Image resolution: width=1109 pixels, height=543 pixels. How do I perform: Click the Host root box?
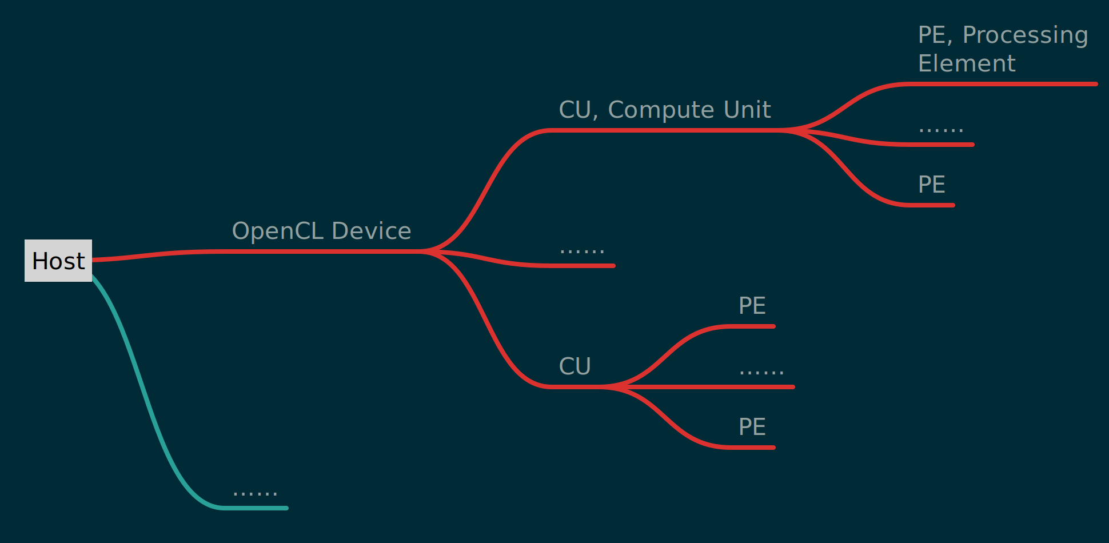(x=58, y=261)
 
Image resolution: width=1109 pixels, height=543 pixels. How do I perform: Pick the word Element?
(x=967, y=63)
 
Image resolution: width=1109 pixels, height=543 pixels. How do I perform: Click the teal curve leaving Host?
(x=143, y=389)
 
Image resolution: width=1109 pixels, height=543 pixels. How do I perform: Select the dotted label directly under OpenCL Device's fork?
(x=582, y=250)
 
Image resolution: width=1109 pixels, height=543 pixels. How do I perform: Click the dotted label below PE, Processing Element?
(x=940, y=129)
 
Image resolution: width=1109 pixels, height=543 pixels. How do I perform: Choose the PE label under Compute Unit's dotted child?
(x=931, y=185)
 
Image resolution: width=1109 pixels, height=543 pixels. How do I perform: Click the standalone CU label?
(x=575, y=366)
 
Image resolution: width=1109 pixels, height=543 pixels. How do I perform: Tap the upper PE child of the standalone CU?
(x=752, y=306)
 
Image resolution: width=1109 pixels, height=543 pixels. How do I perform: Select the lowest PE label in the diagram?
(x=752, y=427)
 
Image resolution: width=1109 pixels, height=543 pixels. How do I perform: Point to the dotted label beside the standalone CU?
(x=761, y=372)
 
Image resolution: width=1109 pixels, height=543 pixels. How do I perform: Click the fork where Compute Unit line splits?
(x=792, y=131)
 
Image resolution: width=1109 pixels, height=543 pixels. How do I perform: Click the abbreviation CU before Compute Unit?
(x=575, y=110)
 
